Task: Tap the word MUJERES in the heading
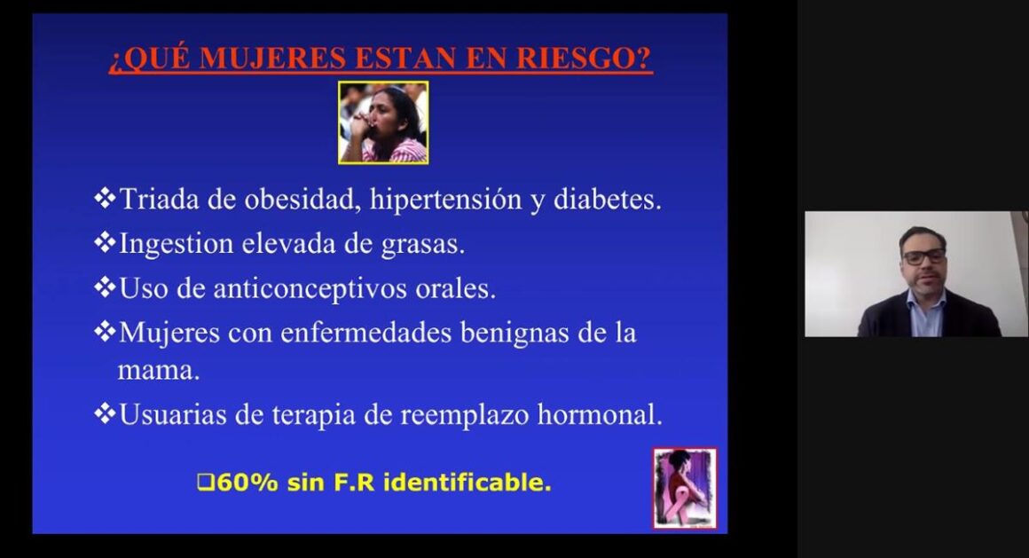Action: coord(272,58)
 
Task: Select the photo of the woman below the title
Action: coord(383,122)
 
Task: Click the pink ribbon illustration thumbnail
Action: coord(685,489)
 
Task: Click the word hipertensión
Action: coord(445,200)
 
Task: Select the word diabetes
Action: coord(607,199)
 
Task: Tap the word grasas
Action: coord(422,244)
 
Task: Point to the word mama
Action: coord(158,371)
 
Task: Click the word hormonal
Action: coord(600,414)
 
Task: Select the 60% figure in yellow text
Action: coord(247,483)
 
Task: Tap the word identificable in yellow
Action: coord(467,483)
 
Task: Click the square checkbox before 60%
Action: coord(206,483)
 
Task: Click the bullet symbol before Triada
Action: coord(105,198)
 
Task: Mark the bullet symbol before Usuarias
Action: coord(105,413)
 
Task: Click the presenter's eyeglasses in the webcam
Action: coord(924,256)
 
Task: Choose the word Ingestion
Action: coord(176,244)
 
